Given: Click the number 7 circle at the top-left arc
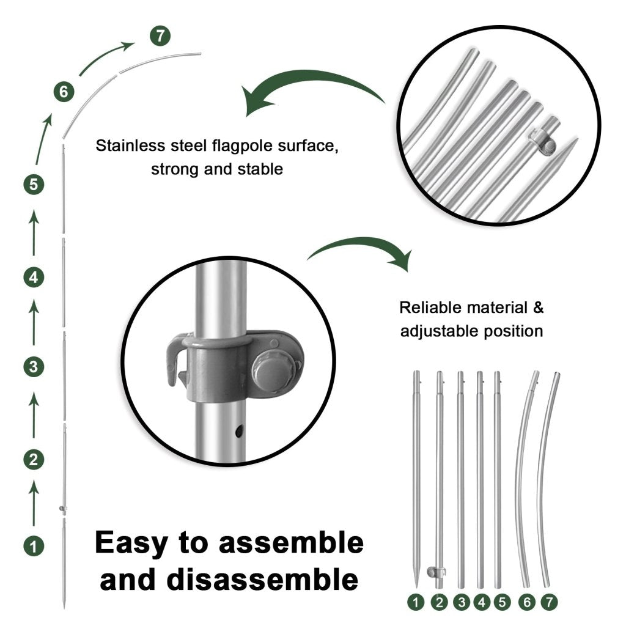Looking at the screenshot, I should [160, 36].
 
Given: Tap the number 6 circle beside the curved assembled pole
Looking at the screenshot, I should [63, 92].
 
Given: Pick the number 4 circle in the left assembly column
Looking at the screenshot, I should [34, 277].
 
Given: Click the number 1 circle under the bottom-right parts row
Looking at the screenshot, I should [417, 602].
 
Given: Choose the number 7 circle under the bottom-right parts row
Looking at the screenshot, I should [549, 602].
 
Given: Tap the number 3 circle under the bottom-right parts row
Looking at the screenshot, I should [461, 602].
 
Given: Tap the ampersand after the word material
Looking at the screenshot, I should [537, 307].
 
